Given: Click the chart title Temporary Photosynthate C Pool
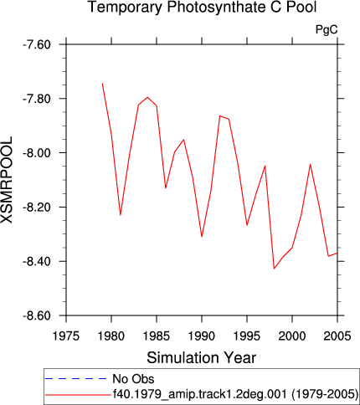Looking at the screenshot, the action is click(203, 7).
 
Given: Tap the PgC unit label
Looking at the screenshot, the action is click(327, 29).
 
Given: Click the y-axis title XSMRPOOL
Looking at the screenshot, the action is click(7, 180).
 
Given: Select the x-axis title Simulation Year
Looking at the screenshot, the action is click(202, 357).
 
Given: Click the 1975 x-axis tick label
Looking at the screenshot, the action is click(66, 336).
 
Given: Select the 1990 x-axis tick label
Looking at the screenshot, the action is click(202, 336).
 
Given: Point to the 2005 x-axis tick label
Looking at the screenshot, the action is click(337, 336).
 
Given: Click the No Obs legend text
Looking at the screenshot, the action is click(133, 379).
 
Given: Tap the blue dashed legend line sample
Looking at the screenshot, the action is click(75, 379).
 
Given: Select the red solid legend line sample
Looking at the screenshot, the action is click(78, 395).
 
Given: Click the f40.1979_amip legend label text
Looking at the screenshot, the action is click(235, 394).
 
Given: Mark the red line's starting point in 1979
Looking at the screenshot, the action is click(102, 83).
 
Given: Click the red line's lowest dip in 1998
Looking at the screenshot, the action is click(274, 269).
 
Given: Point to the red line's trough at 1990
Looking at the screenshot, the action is click(202, 237).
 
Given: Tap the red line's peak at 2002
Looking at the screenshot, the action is click(311, 164).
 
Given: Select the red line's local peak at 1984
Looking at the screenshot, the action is click(147, 97).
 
